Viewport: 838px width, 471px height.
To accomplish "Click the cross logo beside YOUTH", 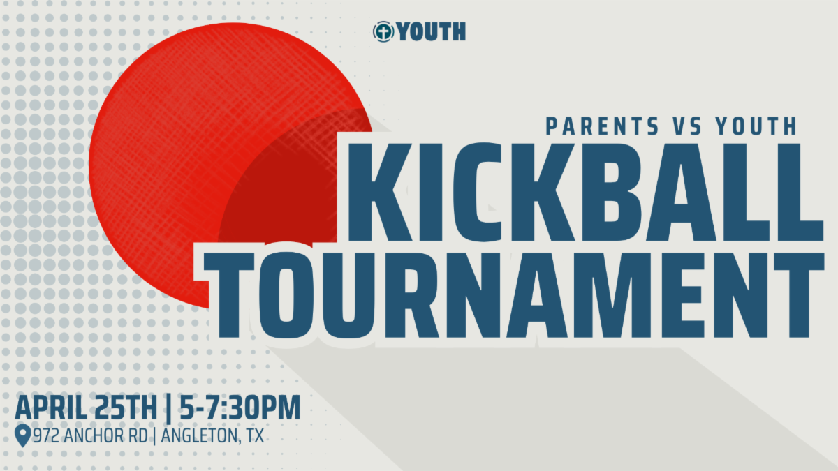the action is [x=383, y=31].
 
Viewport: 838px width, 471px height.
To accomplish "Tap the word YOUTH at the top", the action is [x=432, y=31].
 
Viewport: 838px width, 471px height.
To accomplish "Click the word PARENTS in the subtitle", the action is [x=602, y=126].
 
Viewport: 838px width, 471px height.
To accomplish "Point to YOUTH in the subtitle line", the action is [x=756, y=126].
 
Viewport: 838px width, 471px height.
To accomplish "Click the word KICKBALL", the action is [x=586, y=192].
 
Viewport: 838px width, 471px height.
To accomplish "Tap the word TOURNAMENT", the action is [x=514, y=295].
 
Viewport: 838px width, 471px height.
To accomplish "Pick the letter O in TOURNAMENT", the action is [x=286, y=295].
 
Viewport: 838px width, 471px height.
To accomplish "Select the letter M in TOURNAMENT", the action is [x=637, y=295].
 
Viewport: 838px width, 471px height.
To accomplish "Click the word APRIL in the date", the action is [x=51, y=408].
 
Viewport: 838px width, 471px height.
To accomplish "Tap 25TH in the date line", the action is [x=126, y=408].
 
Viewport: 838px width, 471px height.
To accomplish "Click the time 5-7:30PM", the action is [x=240, y=408].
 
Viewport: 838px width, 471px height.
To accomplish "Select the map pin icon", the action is [x=22, y=435].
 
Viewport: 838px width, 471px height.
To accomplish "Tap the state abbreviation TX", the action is [x=255, y=436].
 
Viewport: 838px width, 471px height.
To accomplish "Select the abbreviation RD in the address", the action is [x=138, y=436].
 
